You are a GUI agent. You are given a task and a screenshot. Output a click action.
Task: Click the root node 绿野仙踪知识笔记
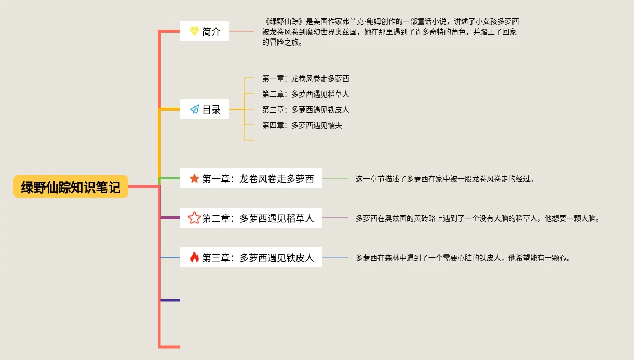(71, 187)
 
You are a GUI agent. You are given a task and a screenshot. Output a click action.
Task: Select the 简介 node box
(204, 31)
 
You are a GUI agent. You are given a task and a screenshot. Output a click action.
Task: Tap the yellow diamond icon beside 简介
(194, 31)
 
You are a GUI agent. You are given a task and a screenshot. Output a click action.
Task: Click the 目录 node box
(204, 110)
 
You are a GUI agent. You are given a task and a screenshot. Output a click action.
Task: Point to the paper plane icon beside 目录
(194, 110)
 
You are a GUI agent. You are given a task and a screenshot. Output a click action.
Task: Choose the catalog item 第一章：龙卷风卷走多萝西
(305, 78)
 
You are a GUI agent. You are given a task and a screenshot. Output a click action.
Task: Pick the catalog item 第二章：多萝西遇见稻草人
(305, 94)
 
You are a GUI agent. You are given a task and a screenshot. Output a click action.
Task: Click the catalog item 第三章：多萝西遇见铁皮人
(305, 110)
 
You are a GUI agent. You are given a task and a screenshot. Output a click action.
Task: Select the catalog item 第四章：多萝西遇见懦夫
(302, 125)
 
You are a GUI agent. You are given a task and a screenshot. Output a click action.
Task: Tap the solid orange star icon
(194, 179)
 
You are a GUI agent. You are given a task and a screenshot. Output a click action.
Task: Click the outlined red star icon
(194, 218)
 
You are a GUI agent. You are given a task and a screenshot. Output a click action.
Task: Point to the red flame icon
(194, 257)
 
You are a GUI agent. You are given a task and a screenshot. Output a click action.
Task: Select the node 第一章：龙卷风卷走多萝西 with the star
(251, 179)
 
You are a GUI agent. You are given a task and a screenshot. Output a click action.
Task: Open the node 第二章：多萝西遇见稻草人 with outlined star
(251, 218)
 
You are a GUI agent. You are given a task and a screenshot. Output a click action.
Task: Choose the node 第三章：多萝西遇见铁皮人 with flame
(251, 257)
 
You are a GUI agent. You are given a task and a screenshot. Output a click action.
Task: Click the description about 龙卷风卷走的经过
(444, 179)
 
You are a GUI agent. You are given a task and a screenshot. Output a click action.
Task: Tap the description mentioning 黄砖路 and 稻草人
(477, 218)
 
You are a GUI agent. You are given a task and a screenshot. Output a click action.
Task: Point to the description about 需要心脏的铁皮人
(463, 258)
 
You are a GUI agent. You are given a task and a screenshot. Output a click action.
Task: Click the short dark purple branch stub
(170, 300)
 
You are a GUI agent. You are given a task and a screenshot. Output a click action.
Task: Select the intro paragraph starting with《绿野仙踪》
(390, 32)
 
